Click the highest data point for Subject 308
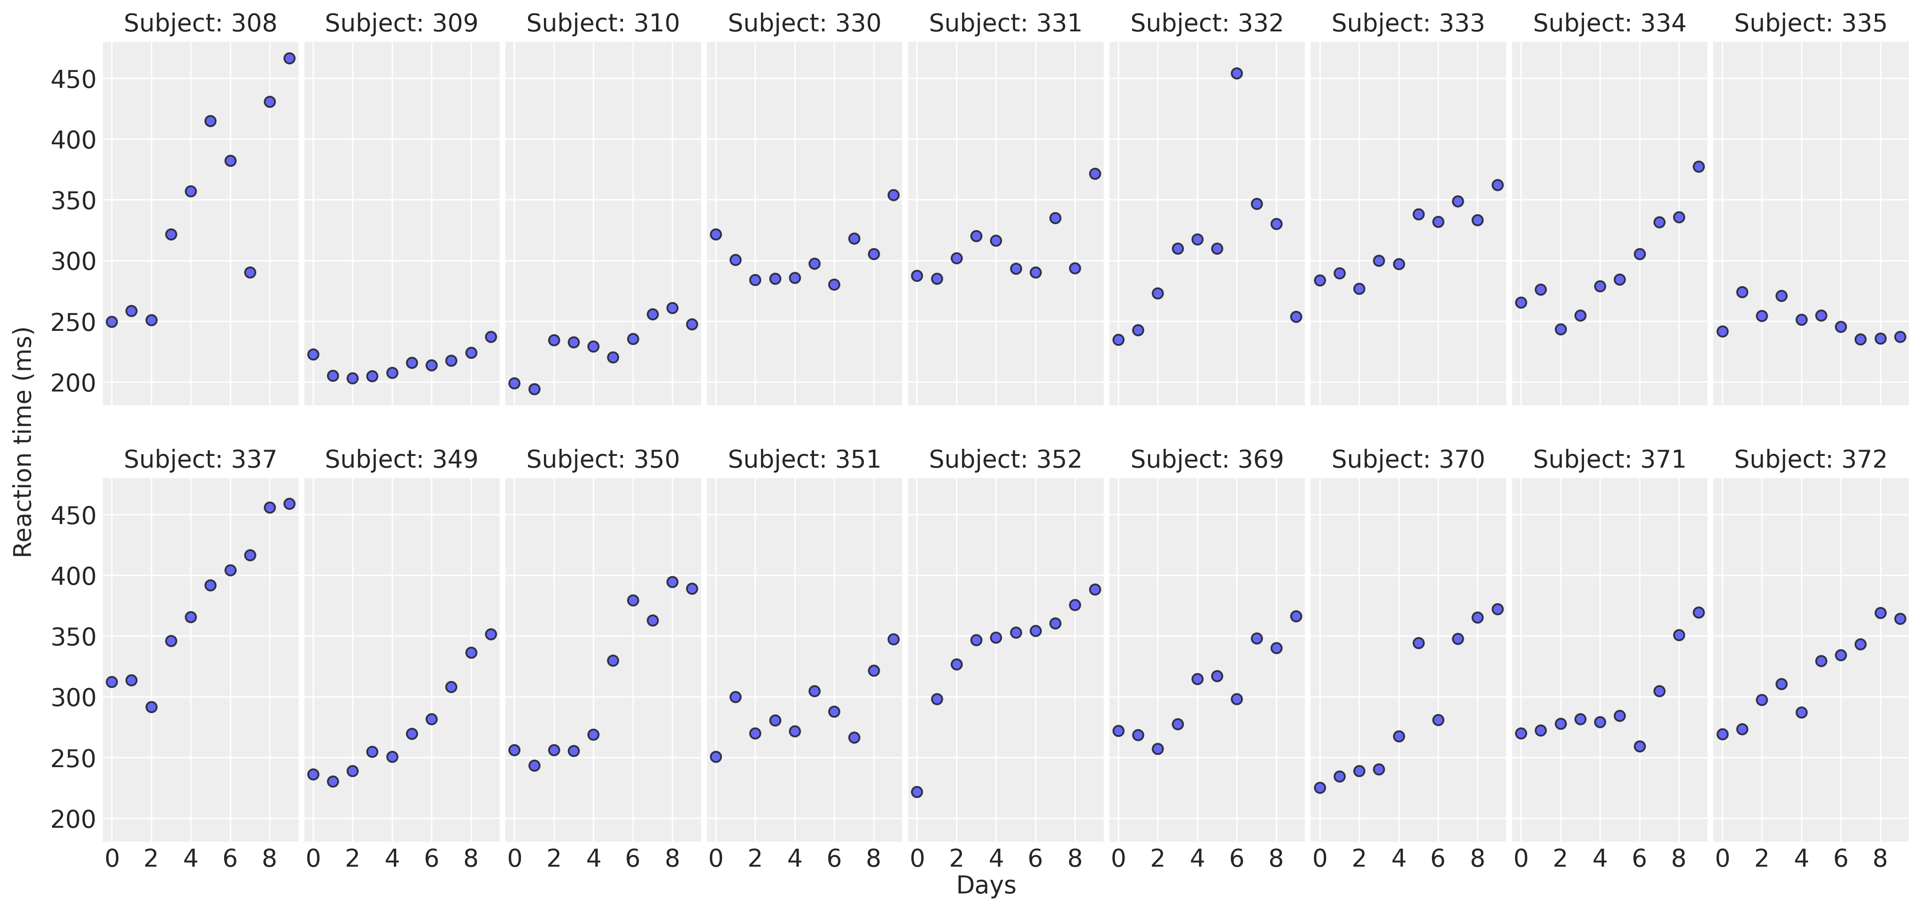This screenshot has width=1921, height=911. click(289, 58)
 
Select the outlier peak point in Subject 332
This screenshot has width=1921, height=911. click(1236, 73)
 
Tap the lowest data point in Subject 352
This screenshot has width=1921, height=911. click(917, 792)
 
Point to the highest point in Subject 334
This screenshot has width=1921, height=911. click(1699, 166)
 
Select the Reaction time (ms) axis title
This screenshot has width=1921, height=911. click(24, 442)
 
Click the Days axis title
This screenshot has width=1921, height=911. click(986, 885)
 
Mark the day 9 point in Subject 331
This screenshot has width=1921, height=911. click(1095, 174)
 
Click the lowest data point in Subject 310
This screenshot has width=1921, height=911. click(534, 389)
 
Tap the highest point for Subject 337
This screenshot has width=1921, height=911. click(289, 504)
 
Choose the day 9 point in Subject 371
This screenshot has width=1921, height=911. click(1699, 612)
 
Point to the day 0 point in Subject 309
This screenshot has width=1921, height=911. click(313, 354)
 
